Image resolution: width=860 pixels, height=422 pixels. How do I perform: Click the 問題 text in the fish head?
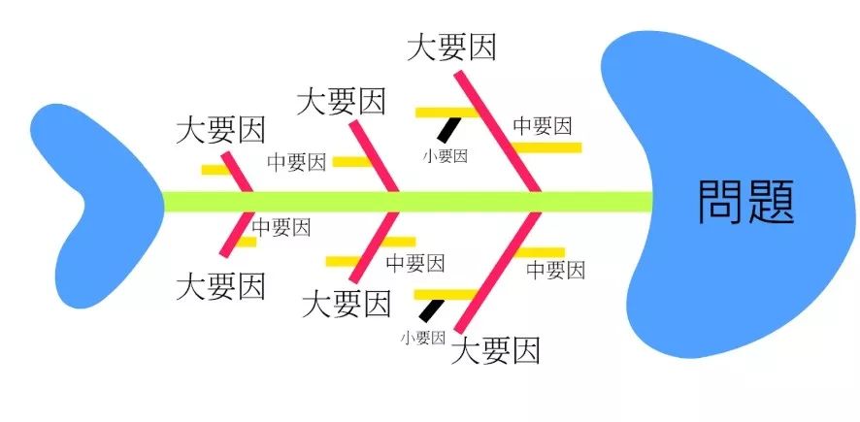[746, 201]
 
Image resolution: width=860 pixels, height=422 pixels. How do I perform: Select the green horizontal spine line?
[408, 202]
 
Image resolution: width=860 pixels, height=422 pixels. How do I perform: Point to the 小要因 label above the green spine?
[447, 155]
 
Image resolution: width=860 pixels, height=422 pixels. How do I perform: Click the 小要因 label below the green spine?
[422, 338]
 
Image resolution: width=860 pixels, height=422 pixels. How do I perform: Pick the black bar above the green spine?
[450, 129]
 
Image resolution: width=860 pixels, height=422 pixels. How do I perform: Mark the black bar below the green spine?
[432, 308]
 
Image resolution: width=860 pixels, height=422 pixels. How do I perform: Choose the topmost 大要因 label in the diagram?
[450, 46]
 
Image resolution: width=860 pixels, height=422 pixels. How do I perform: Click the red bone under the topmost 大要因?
[499, 126]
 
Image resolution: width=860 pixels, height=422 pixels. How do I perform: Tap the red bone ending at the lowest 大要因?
[498, 272]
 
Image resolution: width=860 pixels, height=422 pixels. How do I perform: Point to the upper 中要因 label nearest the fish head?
[542, 126]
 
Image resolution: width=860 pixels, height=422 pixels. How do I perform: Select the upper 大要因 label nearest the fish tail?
[220, 132]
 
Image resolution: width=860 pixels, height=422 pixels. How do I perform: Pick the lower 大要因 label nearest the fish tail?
[221, 286]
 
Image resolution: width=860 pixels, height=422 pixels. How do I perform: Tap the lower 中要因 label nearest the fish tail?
[281, 228]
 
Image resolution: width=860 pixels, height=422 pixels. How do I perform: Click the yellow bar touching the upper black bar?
[447, 113]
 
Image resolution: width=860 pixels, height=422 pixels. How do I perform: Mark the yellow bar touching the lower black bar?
[445, 293]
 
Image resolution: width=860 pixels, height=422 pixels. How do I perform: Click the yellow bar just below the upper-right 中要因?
[546, 147]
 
